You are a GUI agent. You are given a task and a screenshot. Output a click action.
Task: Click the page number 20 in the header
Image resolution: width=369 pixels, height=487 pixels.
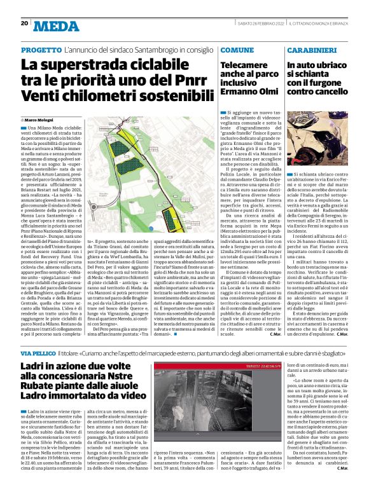tap(24, 24)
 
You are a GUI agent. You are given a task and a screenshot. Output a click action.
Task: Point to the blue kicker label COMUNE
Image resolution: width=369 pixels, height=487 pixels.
tap(237, 50)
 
